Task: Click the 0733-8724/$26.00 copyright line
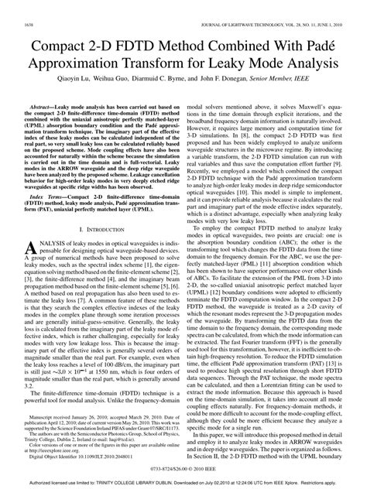pyautogui.click(x=183, y=468)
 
